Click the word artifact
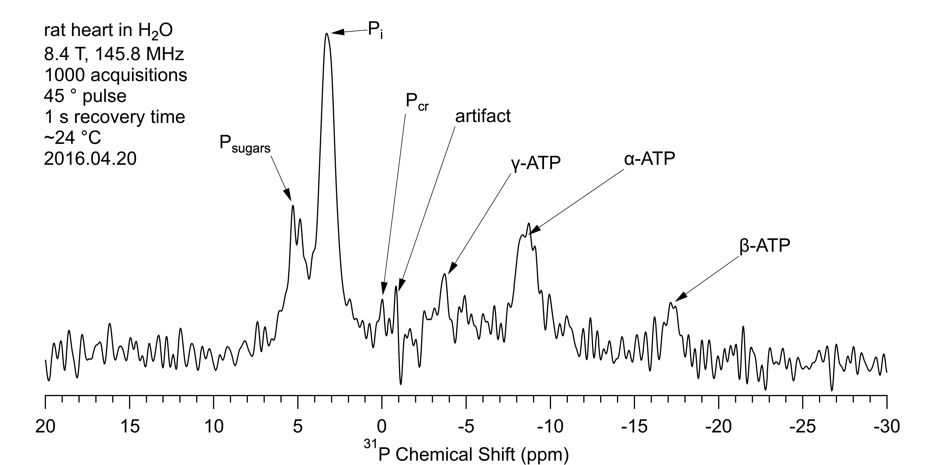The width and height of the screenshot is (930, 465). pos(483,116)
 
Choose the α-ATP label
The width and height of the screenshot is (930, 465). pos(650,159)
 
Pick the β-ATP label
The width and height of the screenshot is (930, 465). pos(765,246)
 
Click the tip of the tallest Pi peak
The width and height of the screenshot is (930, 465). pos(327,34)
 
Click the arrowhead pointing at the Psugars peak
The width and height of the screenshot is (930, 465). pos(289,196)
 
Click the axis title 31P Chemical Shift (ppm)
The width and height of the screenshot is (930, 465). pos(466,453)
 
